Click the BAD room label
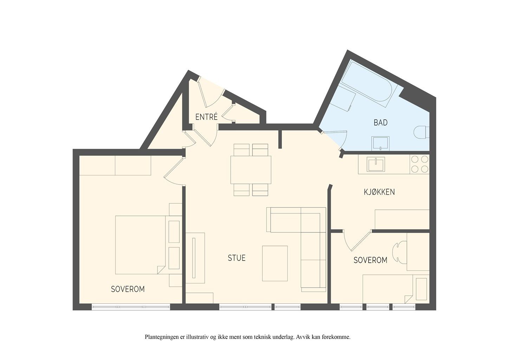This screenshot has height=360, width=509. (380, 122)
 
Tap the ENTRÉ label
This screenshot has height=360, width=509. (206, 117)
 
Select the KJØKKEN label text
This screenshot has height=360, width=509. (379, 192)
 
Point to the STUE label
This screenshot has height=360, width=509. (237, 258)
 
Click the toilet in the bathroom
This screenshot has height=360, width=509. (421, 132)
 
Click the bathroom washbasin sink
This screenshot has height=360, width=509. (380, 143)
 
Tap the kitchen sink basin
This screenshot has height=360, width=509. (376, 164)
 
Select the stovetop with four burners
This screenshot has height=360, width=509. (420, 164)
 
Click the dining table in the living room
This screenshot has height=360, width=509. (251, 169)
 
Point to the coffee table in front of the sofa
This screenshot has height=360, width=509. (275, 263)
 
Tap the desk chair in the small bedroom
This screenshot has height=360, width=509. (399, 252)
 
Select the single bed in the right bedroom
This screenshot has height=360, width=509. (396, 289)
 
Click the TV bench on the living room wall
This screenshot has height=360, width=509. (195, 258)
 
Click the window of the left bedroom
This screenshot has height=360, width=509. (131, 307)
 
